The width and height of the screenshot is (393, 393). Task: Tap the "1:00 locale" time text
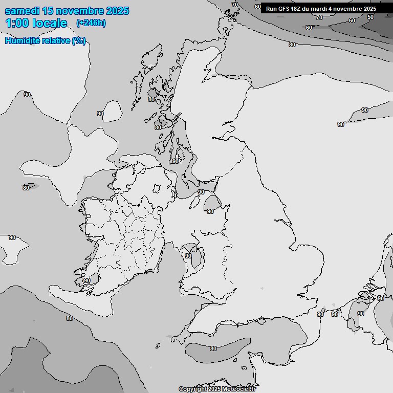click(36, 23)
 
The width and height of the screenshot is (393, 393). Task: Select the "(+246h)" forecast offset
click(91, 23)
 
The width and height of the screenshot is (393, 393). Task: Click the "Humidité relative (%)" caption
click(45, 41)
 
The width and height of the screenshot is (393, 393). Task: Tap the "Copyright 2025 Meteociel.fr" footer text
click(217, 389)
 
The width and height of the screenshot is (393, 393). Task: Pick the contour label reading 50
click(370, 17)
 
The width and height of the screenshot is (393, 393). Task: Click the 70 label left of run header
click(235, 5)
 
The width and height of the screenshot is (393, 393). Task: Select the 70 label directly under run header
click(319, 17)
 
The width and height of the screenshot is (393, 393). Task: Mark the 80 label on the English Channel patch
click(213, 348)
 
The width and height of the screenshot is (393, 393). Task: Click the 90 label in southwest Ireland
click(86, 280)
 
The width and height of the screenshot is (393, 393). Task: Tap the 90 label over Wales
click(188, 256)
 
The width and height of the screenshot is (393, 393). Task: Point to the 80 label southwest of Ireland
click(69, 318)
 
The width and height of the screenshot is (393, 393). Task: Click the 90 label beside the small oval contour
click(100, 114)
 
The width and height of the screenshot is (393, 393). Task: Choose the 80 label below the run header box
click(292, 45)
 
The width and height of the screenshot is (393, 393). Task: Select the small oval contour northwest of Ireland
click(112, 111)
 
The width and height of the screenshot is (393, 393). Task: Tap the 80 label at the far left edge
click(26, 188)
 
